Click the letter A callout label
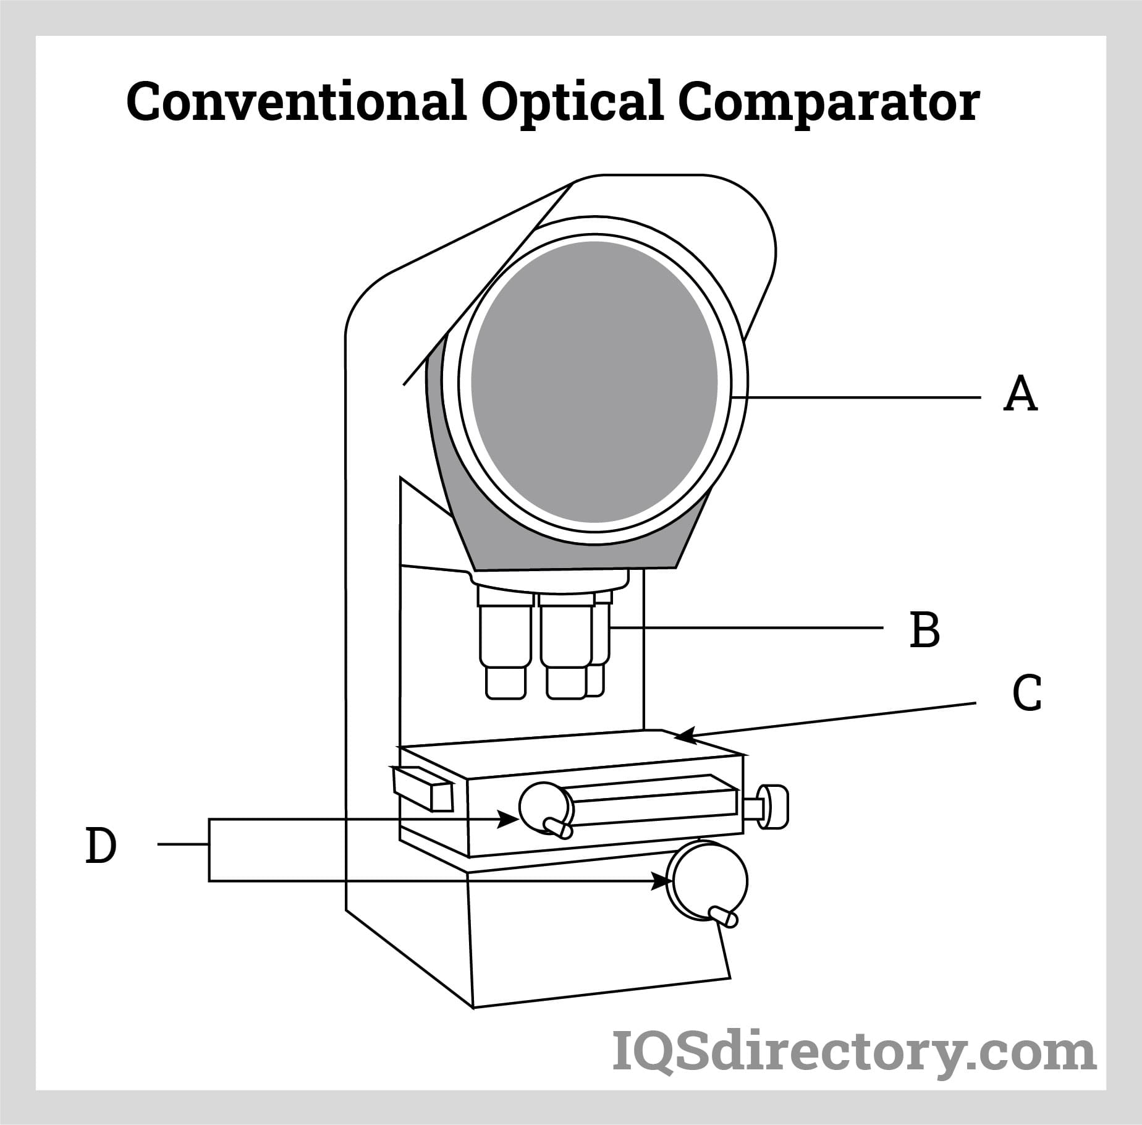pos(1020,395)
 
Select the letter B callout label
pos(925,630)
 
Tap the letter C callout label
pos(1027,694)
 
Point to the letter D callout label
pos(101,846)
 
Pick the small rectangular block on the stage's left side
pos(423,788)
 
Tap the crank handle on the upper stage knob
pos(559,828)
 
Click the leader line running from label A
pos(859,396)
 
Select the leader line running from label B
pos(748,629)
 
